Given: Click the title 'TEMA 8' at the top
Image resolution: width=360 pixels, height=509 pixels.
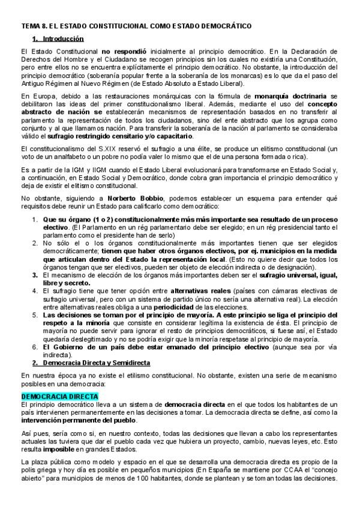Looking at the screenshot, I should (35, 26).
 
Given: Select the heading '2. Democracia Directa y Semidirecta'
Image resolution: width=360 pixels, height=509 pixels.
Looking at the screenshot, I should (90, 363).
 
